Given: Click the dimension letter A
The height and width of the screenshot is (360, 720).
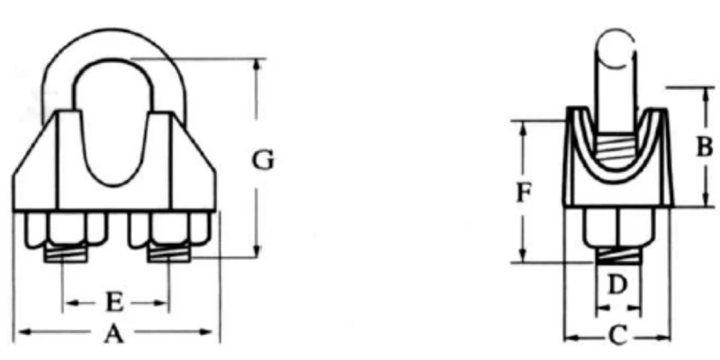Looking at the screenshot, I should click(x=112, y=334).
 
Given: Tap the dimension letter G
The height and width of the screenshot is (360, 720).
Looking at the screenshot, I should click(x=262, y=160).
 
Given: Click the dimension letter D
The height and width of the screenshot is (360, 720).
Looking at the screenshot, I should click(x=616, y=286).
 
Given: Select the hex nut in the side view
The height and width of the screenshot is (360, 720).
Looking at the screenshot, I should click(x=617, y=227).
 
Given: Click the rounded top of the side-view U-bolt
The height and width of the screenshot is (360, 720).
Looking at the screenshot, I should click(x=617, y=47).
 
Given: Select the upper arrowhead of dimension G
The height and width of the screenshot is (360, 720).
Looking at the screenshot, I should click(x=258, y=65).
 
